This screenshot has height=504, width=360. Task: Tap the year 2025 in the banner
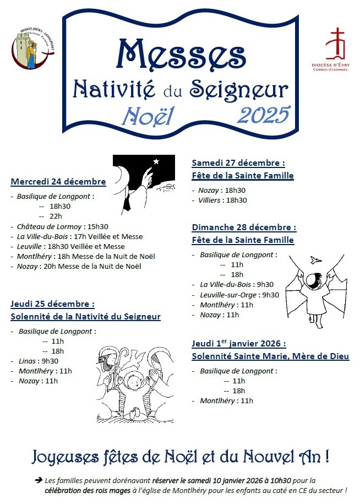coord(264,114)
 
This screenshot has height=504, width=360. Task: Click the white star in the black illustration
coord(156,161)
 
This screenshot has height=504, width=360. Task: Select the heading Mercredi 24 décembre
coord(58,182)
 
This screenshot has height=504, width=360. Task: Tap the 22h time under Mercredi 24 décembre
coord(56,216)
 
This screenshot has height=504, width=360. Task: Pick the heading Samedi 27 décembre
coord(238,163)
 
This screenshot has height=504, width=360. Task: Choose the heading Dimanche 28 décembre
coord(244,227)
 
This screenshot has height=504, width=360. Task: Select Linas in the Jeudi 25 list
coord(28,361)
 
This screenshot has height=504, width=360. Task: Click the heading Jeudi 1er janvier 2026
coord(239,343)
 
